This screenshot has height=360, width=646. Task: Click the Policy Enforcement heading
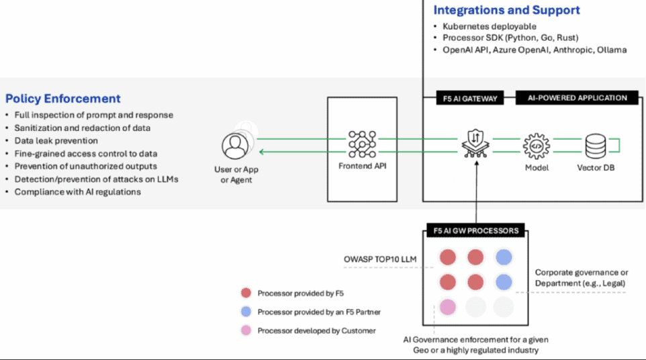coord(63,99)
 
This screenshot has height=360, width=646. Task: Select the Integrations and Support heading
coord(506,10)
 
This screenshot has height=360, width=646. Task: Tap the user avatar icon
coord(235,144)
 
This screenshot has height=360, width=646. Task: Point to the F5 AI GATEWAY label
coord(465,98)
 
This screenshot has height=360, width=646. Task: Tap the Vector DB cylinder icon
coord(596,144)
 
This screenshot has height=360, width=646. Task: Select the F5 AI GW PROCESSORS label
coord(475,230)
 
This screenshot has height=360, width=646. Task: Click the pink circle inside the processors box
coord(447,307)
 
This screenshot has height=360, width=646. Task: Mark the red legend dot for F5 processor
coord(246,294)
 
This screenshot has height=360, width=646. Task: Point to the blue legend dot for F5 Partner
coord(246,312)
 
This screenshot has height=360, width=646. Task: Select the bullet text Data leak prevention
coord(56,140)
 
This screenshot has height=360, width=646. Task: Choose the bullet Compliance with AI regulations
coord(77,191)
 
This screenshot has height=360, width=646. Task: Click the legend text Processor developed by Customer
coord(317,330)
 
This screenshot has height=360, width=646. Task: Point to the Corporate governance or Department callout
coord(582,277)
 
